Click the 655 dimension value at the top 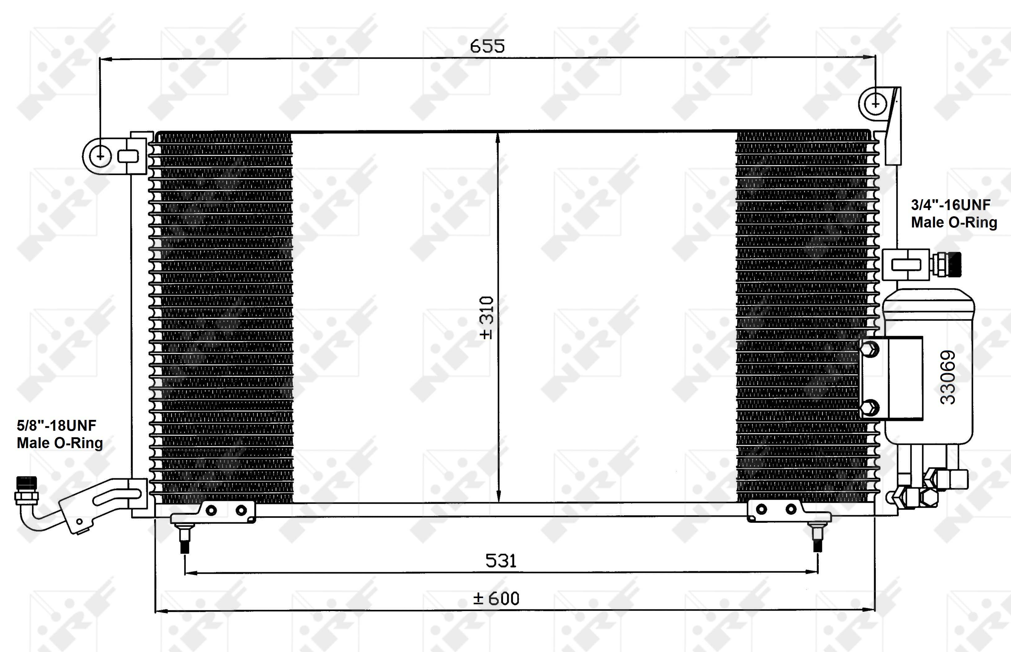click(487, 46)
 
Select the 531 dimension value click(501, 561)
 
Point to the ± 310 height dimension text click(487, 318)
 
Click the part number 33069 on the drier click(948, 377)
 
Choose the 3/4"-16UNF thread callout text click(951, 205)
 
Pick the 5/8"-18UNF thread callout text click(56, 425)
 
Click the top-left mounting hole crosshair click(100, 156)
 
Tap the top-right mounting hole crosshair click(875, 103)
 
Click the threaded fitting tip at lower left click(26, 483)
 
